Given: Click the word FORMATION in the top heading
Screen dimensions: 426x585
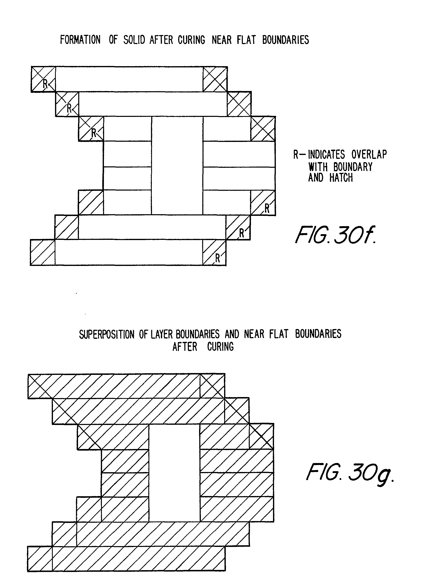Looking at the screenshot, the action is tap(80, 40).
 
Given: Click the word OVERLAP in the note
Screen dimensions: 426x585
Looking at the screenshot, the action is tap(369, 155).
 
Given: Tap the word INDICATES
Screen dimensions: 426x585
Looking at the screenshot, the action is tap(326, 155).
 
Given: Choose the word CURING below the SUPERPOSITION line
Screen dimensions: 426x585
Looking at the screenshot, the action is tap(220, 347).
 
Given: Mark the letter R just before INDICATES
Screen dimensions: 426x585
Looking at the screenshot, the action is tap(296, 155).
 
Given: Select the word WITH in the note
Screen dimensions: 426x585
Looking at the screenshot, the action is tap(318, 167).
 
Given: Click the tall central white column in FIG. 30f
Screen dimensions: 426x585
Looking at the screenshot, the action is tap(177, 165).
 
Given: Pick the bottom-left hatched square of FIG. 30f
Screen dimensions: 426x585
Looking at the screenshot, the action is tap(43, 252).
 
